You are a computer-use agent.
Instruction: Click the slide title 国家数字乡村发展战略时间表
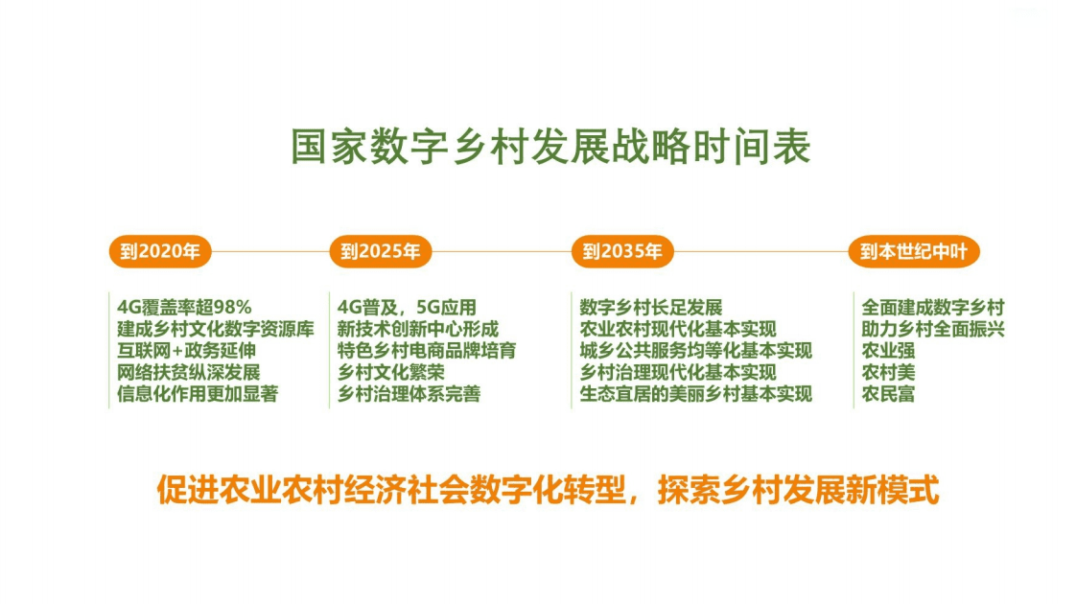[550, 148]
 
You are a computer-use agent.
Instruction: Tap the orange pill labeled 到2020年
[159, 252]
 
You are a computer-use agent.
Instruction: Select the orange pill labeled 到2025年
[380, 252]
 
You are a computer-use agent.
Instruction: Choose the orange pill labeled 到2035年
[621, 252]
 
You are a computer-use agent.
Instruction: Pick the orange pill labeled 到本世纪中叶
[913, 252]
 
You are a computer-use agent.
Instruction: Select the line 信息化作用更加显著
[198, 394]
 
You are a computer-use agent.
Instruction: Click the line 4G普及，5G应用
[407, 308]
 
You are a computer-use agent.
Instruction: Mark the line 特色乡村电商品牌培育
[427, 351]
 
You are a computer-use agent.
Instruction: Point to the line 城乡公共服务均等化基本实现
[695, 351]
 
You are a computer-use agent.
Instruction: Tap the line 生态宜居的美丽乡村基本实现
[695, 394]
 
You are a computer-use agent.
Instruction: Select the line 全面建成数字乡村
[932, 308]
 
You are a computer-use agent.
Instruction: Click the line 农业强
[888, 351]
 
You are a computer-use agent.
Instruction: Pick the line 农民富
[888, 394]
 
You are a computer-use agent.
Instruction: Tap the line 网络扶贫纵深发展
[189, 372]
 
